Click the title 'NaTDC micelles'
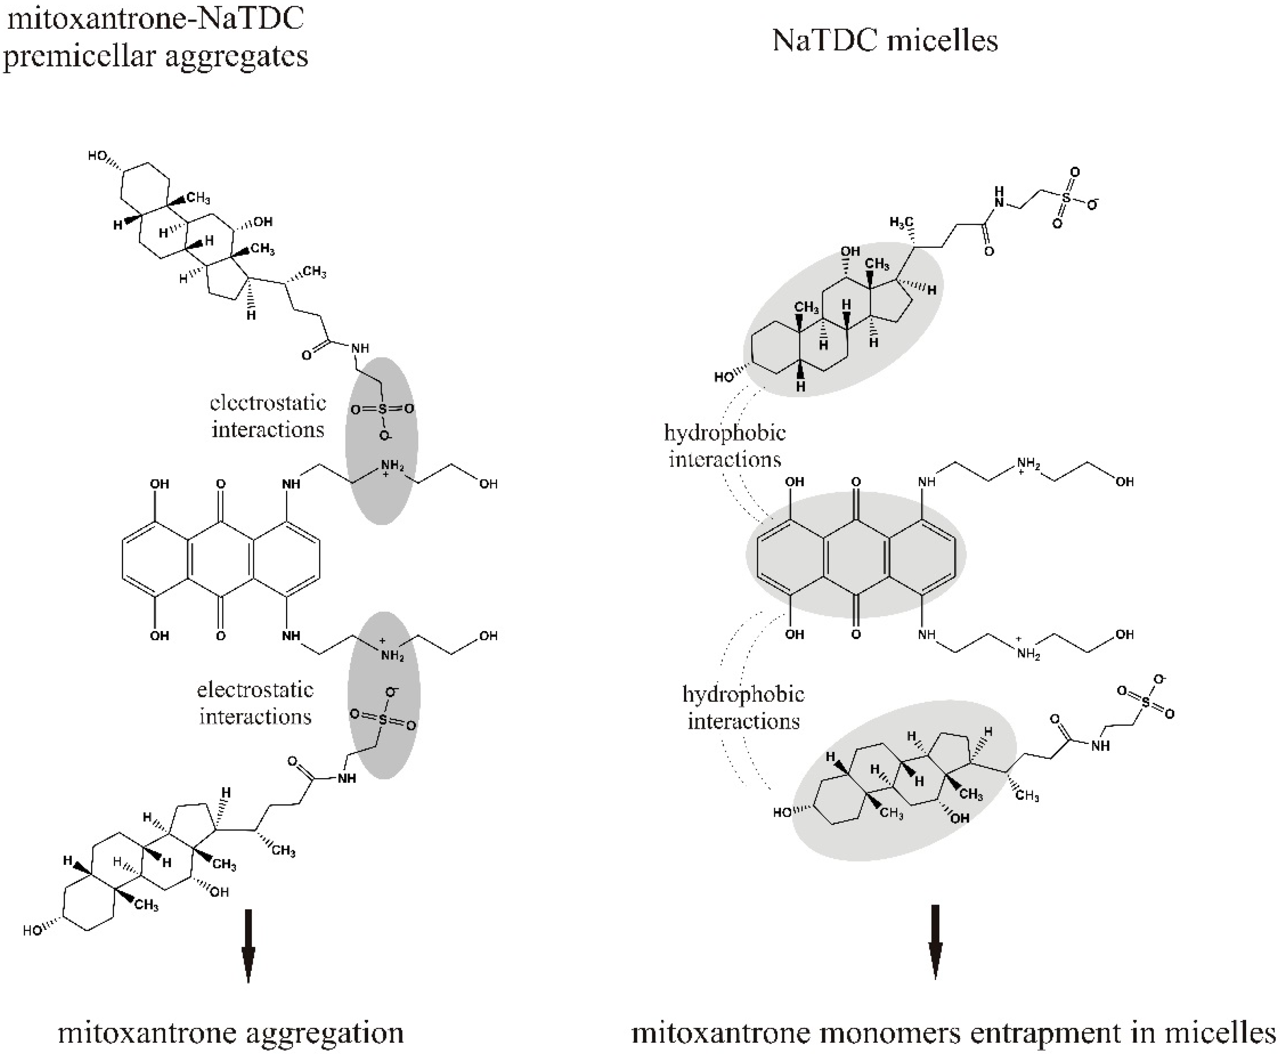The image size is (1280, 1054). click(x=884, y=41)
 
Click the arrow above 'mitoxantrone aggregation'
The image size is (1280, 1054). click(x=248, y=944)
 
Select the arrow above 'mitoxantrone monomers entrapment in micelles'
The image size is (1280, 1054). click(x=935, y=941)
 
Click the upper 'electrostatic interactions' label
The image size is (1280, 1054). click(x=268, y=416)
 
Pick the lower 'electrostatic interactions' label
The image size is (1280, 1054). click(x=255, y=703)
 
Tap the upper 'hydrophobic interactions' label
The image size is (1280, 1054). click(x=725, y=446)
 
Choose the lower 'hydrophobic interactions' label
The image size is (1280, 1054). click(x=744, y=707)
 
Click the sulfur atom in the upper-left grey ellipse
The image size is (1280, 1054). click(x=382, y=409)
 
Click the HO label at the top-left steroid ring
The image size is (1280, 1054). click(x=98, y=156)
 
